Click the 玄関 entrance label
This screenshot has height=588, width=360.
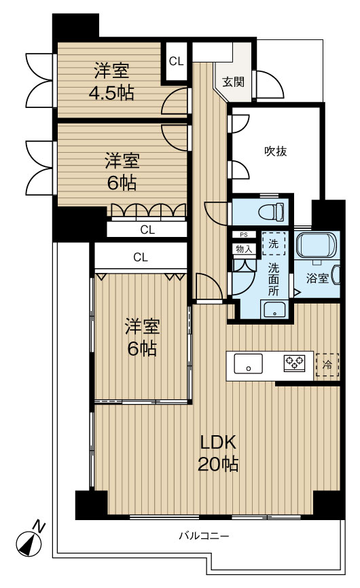(x=233, y=81)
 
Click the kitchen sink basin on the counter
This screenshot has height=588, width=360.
(x=248, y=363)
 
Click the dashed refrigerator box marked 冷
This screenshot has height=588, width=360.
(x=327, y=365)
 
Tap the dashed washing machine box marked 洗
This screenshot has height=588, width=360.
(x=273, y=243)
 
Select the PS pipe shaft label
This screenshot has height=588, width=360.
(x=244, y=235)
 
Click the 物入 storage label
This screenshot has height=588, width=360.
(x=244, y=249)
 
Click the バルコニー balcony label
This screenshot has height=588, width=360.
(x=204, y=536)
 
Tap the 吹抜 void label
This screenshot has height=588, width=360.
(x=276, y=151)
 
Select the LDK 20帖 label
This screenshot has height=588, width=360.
(x=218, y=453)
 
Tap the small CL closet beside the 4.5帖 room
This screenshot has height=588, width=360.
(x=176, y=61)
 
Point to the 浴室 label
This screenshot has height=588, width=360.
(x=317, y=278)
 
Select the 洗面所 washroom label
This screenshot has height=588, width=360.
(x=273, y=279)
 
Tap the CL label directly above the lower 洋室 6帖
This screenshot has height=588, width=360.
(x=140, y=257)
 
